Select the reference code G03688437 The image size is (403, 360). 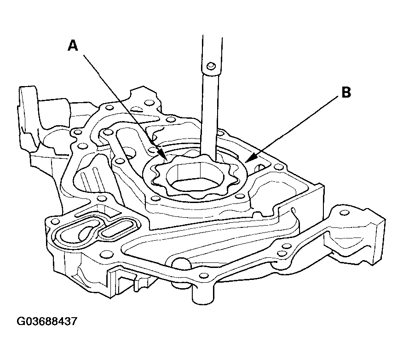pos(47,321)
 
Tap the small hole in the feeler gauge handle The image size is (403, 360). pos(211,65)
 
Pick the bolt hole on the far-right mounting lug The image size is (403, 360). pos(344,213)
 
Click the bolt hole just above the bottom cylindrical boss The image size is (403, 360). pos(204,275)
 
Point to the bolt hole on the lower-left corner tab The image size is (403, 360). pos(54,221)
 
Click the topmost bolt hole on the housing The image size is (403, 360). pos(148,103)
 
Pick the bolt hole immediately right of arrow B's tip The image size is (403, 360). pos(277,168)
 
